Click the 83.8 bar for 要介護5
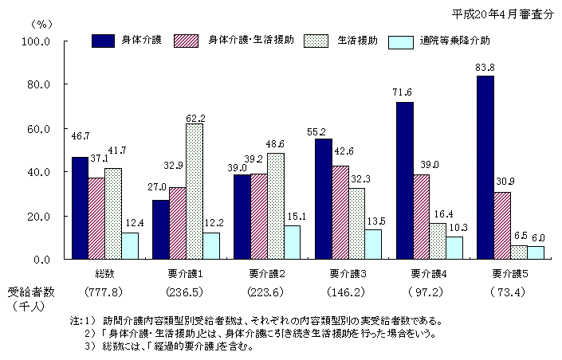pos(485,167)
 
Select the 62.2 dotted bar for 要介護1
pos(194,191)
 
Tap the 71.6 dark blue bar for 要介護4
pos(404,181)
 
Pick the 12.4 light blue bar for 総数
pos(130,245)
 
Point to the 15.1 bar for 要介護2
pos(291,242)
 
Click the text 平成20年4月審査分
pos(502,14)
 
